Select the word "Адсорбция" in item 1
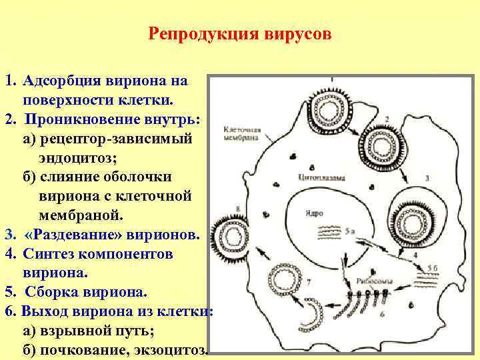point(61,81)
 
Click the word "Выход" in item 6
point(45,311)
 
